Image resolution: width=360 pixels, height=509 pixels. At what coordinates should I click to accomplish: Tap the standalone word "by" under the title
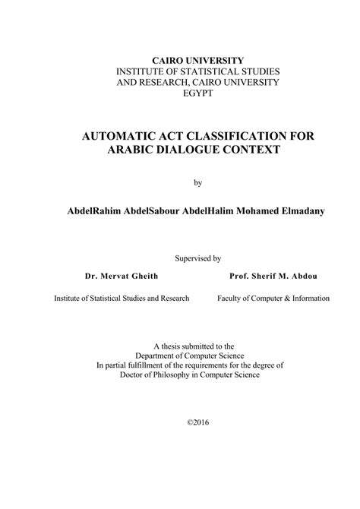pos(199,182)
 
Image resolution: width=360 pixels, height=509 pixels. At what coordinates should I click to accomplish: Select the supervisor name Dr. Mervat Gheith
pos(121,278)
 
